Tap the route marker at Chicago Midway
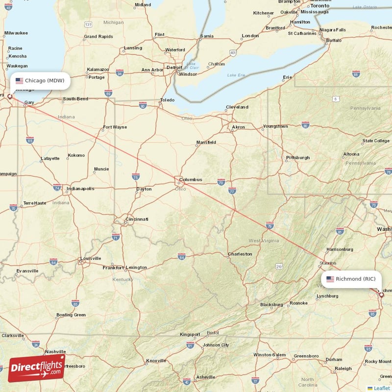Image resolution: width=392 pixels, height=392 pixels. pos(9,97)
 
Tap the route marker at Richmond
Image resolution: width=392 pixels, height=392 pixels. pos(382,295)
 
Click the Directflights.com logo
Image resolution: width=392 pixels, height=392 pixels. pos(37,368)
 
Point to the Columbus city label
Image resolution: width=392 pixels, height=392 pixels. pos(191,179)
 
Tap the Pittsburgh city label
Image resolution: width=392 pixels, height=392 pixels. pos(298,158)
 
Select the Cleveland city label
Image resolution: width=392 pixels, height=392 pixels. pos(237,107)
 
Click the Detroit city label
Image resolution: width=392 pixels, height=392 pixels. pos(174,67)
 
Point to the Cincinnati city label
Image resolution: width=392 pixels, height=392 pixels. pos(137,219)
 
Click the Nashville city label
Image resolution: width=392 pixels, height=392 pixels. pos(55,351)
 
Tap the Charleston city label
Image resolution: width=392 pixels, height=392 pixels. pos(240,254)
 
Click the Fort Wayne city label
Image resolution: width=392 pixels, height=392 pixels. pos(115,127)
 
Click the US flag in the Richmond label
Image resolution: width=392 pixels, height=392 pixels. pos(330,279)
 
